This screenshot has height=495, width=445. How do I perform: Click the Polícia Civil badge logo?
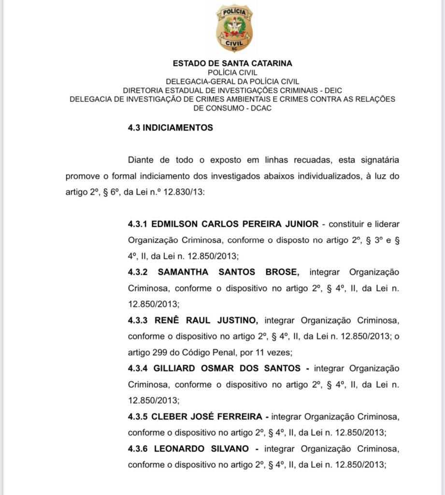(x=234, y=28)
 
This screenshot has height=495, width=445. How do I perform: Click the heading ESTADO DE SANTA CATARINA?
(x=232, y=63)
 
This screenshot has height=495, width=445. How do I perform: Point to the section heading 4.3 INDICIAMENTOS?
(x=170, y=128)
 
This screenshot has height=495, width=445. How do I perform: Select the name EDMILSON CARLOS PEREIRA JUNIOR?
(x=235, y=224)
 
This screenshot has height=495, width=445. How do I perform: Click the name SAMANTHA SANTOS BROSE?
(x=227, y=272)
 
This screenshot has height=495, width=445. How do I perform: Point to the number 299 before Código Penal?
(x=156, y=352)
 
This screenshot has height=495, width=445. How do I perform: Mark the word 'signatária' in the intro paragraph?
(x=376, y=160)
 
